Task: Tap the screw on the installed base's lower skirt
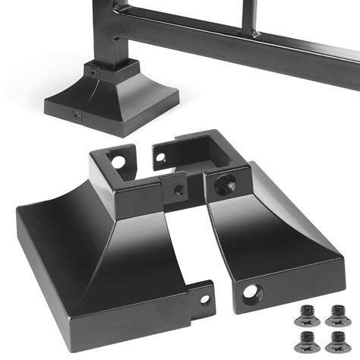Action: coord(75,115)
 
